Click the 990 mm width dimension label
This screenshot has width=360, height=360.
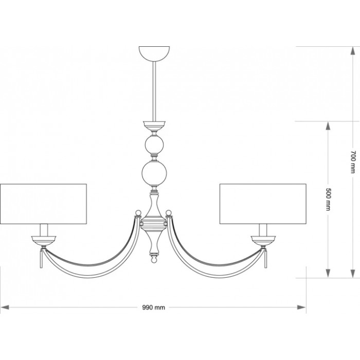pos(153,308)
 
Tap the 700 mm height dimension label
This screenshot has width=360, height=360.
pos(353,162)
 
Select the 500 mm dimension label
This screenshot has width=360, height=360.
pos(329,200)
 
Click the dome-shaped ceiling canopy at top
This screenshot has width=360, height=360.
pos(154,54)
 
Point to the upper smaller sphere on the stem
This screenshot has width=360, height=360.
pos(154,145)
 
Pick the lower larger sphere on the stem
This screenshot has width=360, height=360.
pos(154,173)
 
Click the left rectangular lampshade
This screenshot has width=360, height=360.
pos(43,204)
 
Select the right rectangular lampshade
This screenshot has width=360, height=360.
pos(263,204)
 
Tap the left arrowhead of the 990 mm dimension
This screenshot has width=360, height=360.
pos(5,308)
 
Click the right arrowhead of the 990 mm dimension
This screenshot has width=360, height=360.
pos(301,308)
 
